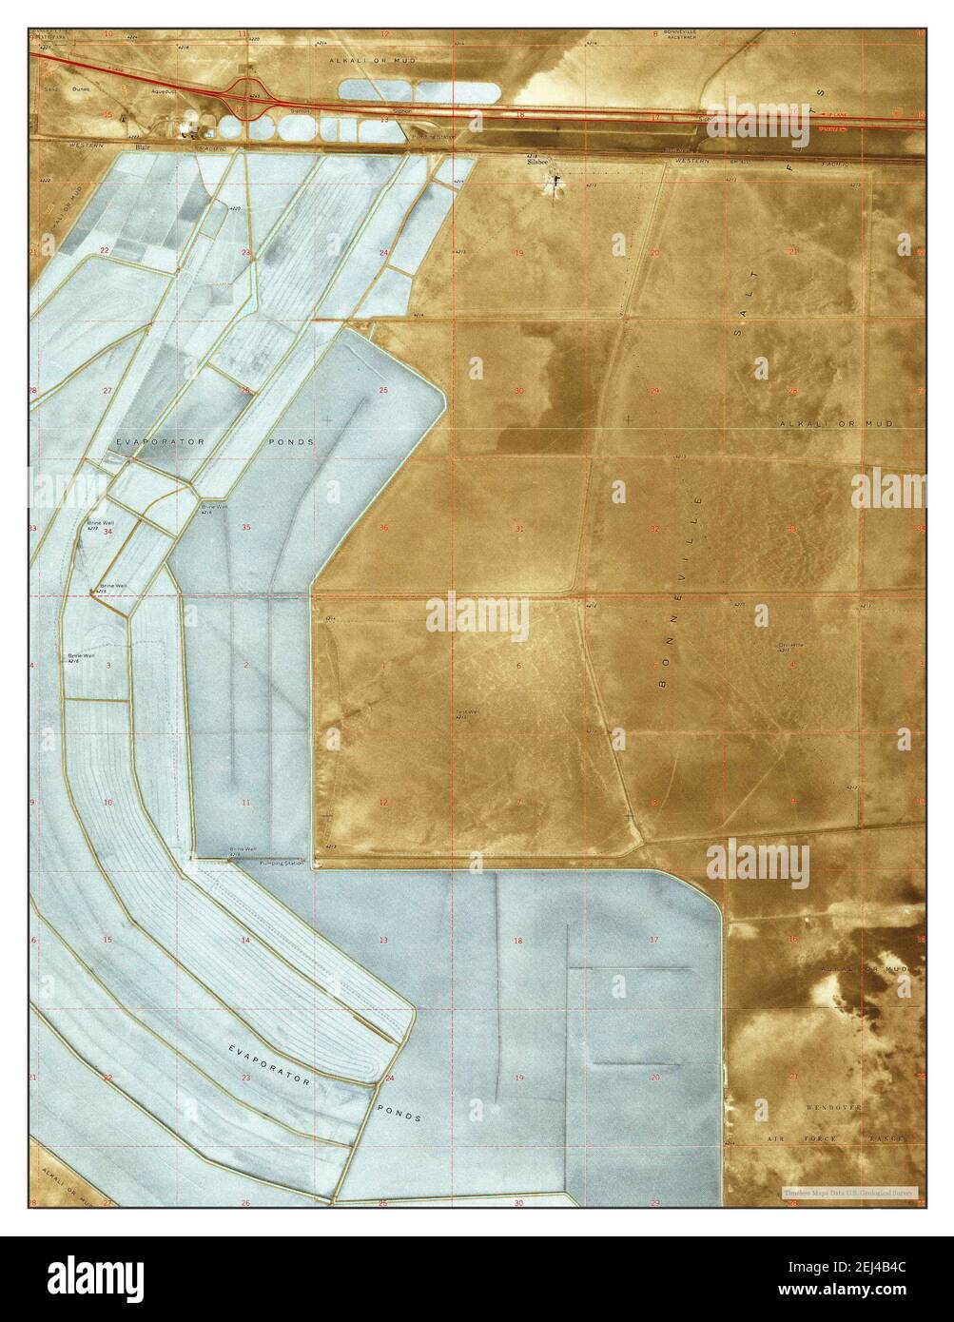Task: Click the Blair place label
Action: (x=144, y=147)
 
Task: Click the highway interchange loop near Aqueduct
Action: (x=249, y=92)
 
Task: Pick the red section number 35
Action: (x=246, y=527)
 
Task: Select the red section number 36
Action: (x=383, y=528)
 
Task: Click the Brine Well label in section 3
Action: (x=81, y=655)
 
